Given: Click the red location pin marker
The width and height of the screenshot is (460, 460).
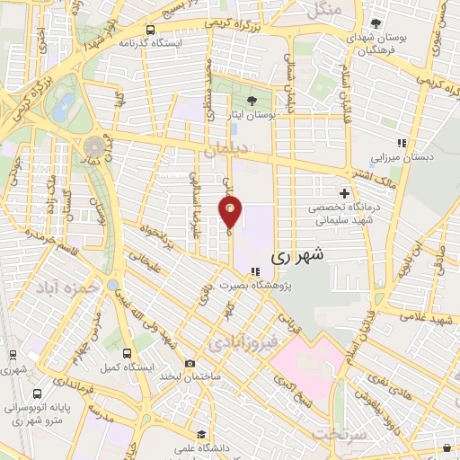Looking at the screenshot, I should tap(231, 213).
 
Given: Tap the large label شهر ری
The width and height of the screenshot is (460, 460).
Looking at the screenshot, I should tap(294, 255).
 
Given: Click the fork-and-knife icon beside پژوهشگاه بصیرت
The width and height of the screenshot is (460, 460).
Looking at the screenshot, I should tap(256, 270).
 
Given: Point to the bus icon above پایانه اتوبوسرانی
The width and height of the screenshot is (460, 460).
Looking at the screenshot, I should tap(37, 394).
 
